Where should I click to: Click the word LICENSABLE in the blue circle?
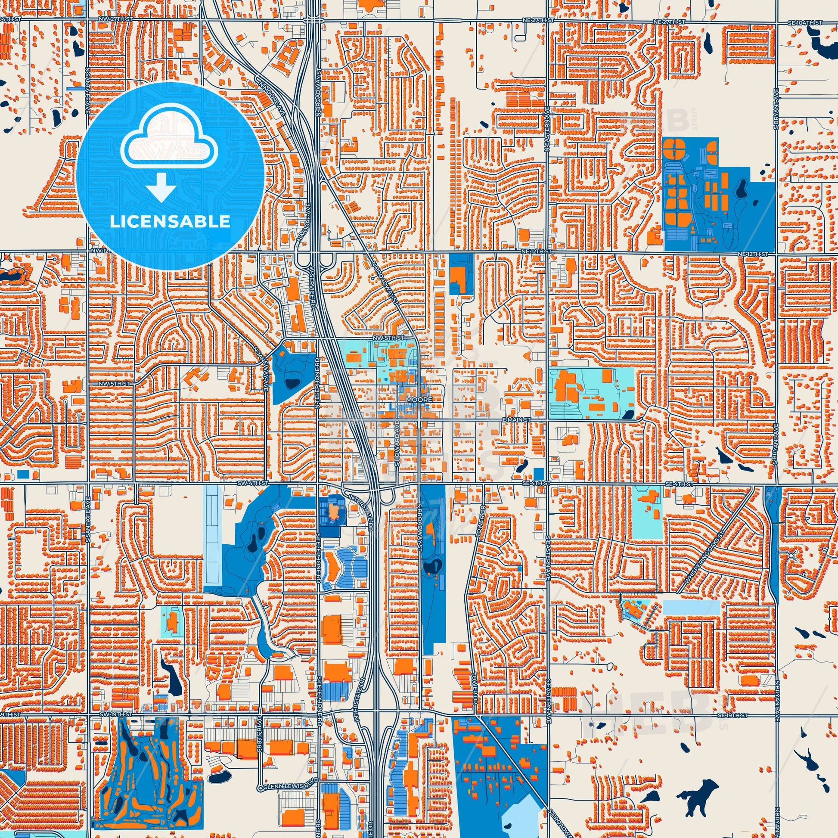(170, 222)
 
